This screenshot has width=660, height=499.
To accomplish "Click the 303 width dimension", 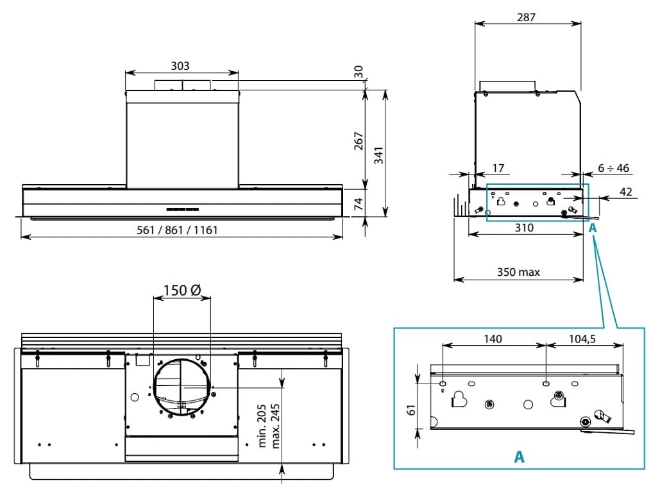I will (180, 66).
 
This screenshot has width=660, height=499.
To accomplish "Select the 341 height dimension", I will (379, 156).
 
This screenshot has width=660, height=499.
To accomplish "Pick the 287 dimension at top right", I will (526, 17).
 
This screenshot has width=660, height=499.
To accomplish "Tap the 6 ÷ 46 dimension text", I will (613, 168).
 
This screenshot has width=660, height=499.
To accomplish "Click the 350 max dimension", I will (518, 272).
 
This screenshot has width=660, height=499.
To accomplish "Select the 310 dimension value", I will (524, 228).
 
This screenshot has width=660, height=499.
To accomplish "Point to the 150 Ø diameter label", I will (182, 290).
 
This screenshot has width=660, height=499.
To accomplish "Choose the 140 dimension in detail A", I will (493, 339).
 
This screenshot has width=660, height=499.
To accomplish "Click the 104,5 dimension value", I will (582, 339).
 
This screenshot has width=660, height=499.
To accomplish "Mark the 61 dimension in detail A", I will (412, 409).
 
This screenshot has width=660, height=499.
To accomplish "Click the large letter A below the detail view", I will (519, 457).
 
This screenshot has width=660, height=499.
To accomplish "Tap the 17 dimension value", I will (498, 168).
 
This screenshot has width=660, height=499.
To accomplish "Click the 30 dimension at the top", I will (359, 71).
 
